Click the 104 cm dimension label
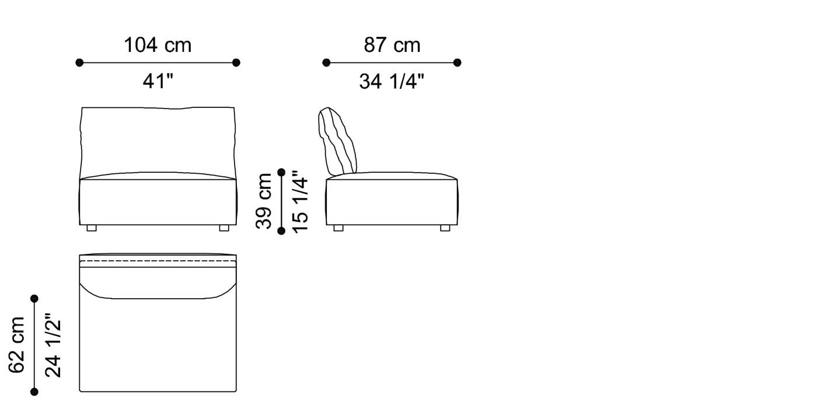[158, 45]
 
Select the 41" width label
[158, 82]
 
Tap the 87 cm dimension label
[392, 45]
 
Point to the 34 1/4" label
[392, 82]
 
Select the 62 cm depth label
[17, 345]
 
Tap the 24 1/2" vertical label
[53, 345]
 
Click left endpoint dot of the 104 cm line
[79, 62]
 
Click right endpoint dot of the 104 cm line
[236, 62]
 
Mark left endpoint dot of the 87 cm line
[326, 62]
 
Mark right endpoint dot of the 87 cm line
[458, 62]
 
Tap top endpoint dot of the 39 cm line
[281, 172]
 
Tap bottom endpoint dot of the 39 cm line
[281, 231]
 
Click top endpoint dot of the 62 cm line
[34, 298]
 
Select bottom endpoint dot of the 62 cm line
[34, 392]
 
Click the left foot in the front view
[92, 228]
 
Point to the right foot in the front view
[224, 228]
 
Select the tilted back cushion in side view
[337, 142]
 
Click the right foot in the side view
[445, 228]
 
